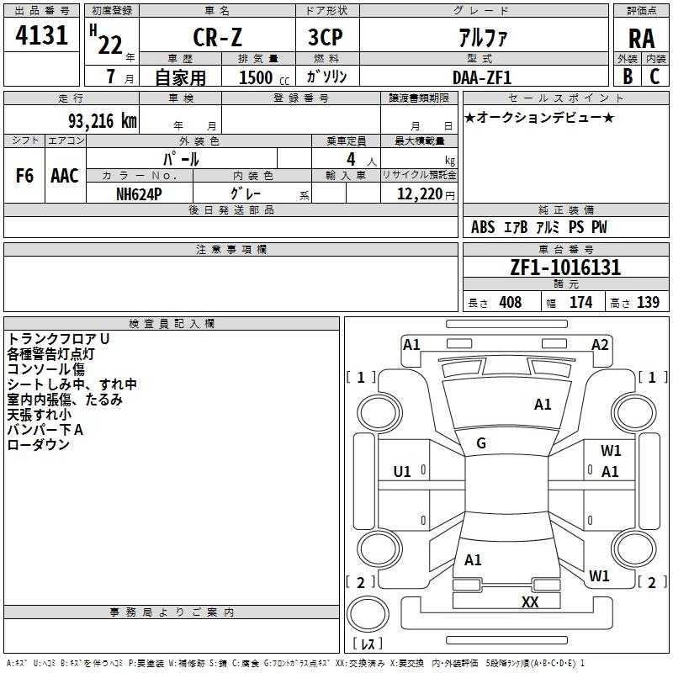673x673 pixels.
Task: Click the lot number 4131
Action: [41, 36]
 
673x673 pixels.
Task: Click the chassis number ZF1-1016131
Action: [565, 268]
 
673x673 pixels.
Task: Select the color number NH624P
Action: [140, 193]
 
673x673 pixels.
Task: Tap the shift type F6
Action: [24, 176]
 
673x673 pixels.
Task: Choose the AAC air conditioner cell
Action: [64, 176]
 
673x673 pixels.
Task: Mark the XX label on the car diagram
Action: [530, 601]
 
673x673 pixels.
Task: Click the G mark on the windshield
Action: [481, 442]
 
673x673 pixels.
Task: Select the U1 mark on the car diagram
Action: [402, 470]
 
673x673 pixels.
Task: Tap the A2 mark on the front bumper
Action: [600, 344]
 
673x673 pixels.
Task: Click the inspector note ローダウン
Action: [38, 445]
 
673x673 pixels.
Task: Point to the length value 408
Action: [510, 303]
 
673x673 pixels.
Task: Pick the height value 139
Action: [648, 303]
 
